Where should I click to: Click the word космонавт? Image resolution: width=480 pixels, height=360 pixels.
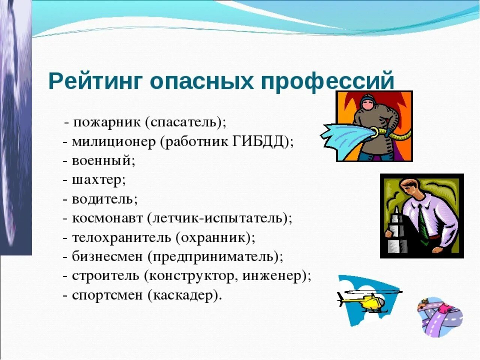pyautogui.click(x=107, y=218)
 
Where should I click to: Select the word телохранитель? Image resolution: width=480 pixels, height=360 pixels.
pyautogui.click(x=121, y=238)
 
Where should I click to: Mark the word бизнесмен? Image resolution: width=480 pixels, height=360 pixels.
pyautogui.click(x=107, y=257)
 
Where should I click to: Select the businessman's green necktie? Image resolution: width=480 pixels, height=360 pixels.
pyautogui.click(x=422, y=225)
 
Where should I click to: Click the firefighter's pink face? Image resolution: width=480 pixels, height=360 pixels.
pyautogui.click(x=368, y=106)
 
